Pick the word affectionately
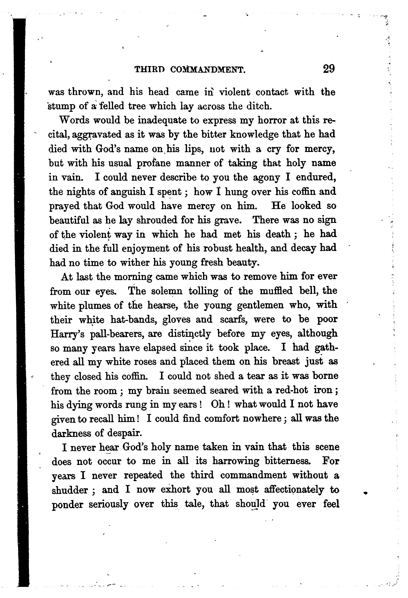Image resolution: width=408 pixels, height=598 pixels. (293, 489)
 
